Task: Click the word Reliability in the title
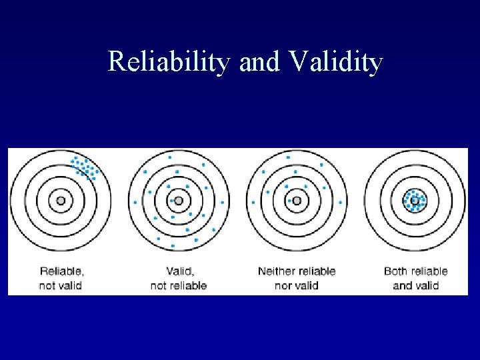(x=169, y=63)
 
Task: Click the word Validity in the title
(x=337, y=63)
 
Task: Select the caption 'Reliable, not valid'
(x=62, y=278)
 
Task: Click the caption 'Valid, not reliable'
(x=179, y=278)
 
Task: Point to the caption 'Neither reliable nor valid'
(x=296, y=278)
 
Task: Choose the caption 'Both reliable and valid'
(x=415, y=278)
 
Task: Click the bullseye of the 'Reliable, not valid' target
(x=61, y=200)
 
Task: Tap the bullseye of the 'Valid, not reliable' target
(x=179, y=200)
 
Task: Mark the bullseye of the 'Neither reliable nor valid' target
(x=297, y=200)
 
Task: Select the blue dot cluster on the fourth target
(x=415, y=199)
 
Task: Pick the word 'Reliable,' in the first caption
(x=62, y=271)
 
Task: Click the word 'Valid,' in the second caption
(x=179, y=271)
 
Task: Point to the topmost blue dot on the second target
(x=170, y=157)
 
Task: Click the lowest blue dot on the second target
(x=173, y=246)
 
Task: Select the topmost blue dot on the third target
(x=288, y=157)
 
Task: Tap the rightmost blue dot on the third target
(x=341, y=202)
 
